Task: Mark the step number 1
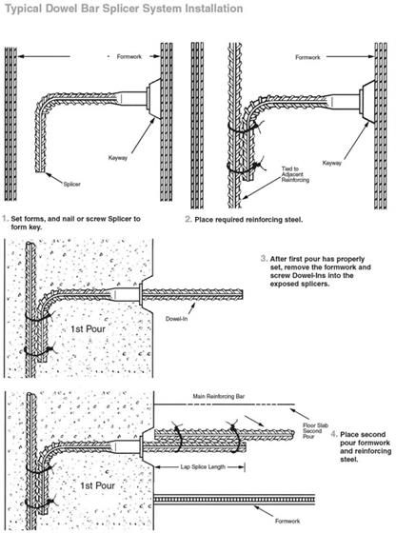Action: (x=8, y=218)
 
